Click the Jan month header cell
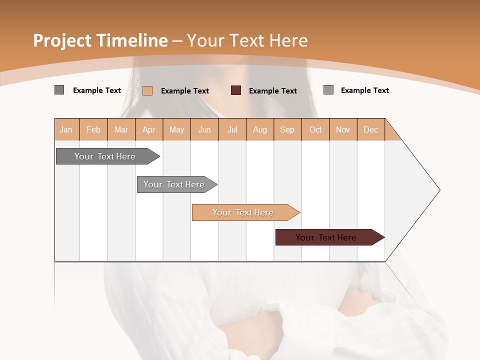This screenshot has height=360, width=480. click(66, 129)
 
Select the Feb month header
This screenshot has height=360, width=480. click(93, 129)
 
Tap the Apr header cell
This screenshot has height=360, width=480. click(149, 129)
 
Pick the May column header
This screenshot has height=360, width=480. click(176, 129)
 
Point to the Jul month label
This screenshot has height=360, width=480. click(232, 129)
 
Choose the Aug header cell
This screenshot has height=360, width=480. click(260, 129)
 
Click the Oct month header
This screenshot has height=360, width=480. click(315, 129)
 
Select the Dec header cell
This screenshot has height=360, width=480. click(370, 129)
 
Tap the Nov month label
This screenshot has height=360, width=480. click(343, 129)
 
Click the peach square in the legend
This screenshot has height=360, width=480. click(147, 90)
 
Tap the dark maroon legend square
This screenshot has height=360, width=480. click(236, 90)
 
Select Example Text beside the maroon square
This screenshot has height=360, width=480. click(272, 91)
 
